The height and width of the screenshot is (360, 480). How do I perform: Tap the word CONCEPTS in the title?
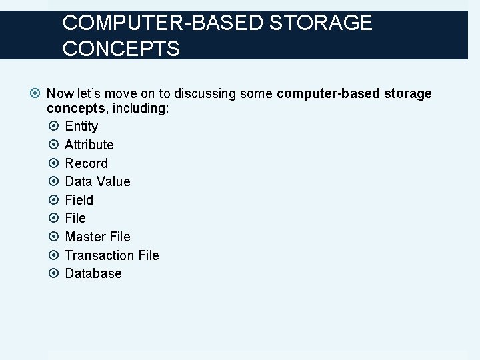(121, 49)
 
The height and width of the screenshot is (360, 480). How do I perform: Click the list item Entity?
(81, 126)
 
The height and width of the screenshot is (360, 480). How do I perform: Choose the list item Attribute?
(89, 145)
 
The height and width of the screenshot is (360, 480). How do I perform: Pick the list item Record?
(86, 163)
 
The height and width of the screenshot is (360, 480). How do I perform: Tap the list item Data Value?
(97, 181)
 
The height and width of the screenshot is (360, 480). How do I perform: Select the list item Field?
(79, 200)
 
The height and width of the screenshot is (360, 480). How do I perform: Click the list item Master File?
(97, 237)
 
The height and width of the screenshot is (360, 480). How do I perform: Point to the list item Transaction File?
(112, 255)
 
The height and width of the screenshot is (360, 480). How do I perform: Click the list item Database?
(93, 273)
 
